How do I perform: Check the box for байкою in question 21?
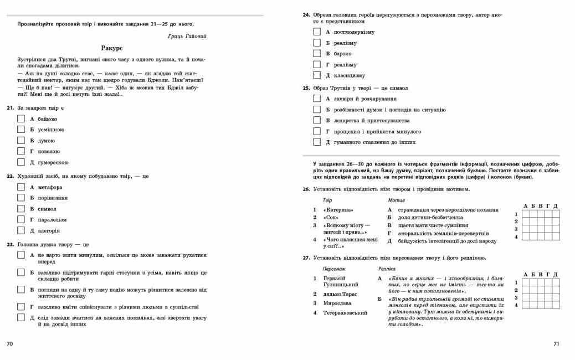coord(22,119)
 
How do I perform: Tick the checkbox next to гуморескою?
coord(22,162)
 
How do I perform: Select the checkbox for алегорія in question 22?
coord(22,230)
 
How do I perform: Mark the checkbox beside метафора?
coord(22,187)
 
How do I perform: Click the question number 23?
coord(10,244)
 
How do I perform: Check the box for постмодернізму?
coord(317,32)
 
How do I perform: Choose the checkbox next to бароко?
coord(317,54)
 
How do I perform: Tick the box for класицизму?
coord(317,75)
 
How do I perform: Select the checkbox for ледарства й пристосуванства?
coord(317,120)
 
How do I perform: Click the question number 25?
coord(306,88)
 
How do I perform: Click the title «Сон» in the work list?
coord(331,218)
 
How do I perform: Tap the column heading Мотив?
coord(396,199)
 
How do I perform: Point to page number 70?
coord(9,344)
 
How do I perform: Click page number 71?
coord(557,344)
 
